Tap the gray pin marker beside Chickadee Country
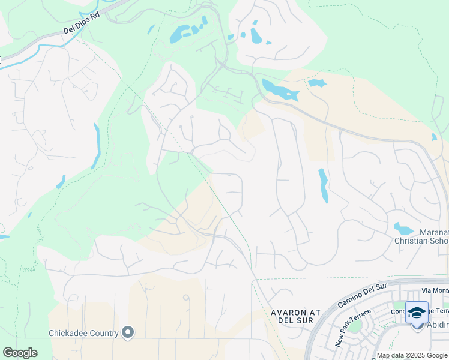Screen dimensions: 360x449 (x=127, y=332)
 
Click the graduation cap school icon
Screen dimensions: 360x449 (x=417, y=313)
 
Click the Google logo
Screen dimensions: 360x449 (x=20, y=353)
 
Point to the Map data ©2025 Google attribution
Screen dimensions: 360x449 (x=411, y=356)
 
